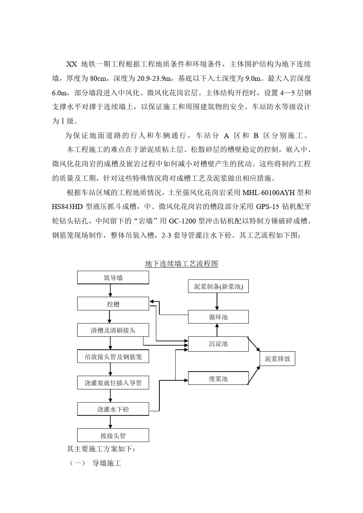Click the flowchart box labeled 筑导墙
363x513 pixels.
(113, 278)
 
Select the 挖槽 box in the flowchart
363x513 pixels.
(113, 304)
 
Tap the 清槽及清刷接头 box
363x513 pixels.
(113, 330)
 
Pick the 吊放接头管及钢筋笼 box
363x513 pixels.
(113, 357)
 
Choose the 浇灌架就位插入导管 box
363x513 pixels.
(113, 383)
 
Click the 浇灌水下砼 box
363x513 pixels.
(113, 409)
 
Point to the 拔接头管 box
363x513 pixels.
(113, 436)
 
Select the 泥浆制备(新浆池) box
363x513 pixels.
(218, 286)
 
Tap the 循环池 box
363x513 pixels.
(218, 317)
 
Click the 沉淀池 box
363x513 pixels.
(218, 344)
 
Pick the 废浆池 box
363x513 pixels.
(218, 378)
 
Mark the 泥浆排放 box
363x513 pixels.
(277, 359)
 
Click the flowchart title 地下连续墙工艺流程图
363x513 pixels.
(181, 264)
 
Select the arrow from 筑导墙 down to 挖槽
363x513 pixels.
(110, 291)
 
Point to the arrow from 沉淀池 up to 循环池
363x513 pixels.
(217, 330)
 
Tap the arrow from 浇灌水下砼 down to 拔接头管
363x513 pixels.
(111, 422)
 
